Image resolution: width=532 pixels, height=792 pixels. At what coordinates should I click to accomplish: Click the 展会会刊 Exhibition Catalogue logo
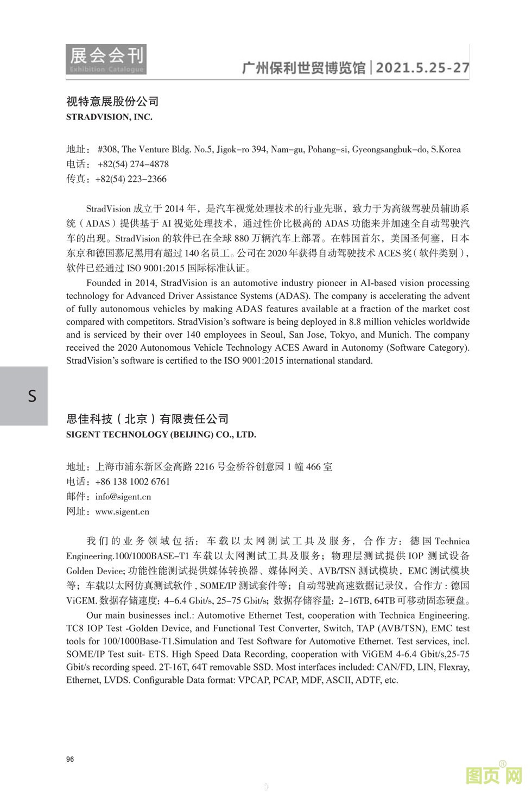106,59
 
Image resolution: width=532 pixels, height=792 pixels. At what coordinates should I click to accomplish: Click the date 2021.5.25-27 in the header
422,68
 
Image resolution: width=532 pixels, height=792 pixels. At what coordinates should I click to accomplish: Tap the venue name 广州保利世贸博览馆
303,68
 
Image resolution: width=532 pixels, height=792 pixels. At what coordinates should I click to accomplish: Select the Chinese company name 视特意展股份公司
112,102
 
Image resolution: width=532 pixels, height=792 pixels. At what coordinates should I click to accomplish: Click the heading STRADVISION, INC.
109,117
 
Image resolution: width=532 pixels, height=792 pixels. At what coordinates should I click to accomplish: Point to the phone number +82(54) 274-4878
133,164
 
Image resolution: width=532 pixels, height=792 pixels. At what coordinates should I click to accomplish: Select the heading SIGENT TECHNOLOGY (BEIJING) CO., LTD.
161,434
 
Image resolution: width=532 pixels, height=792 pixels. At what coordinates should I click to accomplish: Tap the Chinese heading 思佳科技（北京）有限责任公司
147,419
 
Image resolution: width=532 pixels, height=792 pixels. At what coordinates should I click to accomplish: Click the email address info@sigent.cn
123,497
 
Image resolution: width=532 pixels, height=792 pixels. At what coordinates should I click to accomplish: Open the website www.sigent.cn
122,511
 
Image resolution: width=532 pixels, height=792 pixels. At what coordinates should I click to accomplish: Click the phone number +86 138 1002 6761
132,481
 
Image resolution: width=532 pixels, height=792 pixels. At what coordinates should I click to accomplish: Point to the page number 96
70,759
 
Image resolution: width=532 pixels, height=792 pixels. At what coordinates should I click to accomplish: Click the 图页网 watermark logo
494,775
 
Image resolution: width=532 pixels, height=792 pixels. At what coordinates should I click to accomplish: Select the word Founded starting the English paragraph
103,283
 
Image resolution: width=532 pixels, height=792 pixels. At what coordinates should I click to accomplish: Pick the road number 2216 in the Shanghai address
205,467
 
